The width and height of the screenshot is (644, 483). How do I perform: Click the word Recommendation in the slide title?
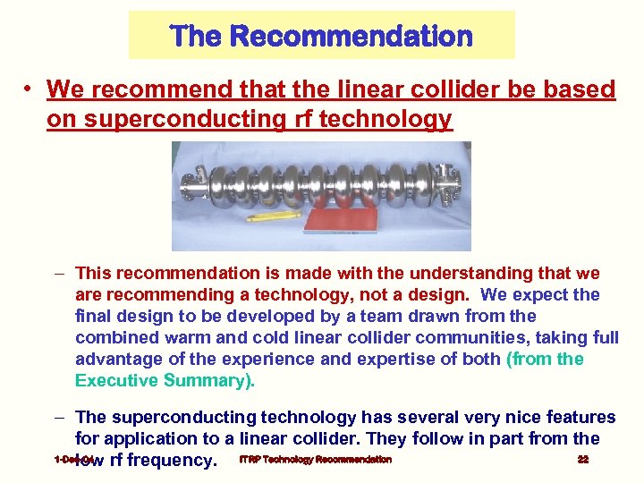[352, 37]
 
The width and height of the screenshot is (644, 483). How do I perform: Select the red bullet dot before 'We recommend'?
[30, 89]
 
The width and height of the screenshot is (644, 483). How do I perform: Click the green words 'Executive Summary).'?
[165, 380]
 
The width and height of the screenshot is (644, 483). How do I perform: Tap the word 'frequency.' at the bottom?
[174, 461]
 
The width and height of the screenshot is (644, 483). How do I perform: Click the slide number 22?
[582, 460]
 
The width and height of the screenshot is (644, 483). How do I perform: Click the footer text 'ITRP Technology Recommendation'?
[316, 460]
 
